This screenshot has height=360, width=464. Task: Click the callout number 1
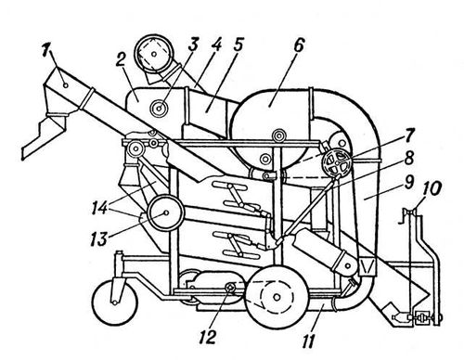coord(46,51)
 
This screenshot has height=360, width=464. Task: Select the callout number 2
coord(120,59)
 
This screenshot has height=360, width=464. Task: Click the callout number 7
coord(408,135)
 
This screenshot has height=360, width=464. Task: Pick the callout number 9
coord(408,182)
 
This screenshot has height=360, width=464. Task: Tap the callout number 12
coord(207,337)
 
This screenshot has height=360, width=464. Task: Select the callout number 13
coord(99,238)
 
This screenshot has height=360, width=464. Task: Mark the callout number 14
coord(99,208)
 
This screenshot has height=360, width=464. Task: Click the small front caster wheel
coord(115,302)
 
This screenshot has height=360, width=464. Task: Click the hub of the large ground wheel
coord(277,297)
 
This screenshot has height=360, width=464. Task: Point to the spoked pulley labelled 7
coord(337,161)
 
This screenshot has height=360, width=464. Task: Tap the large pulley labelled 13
coord(166,212)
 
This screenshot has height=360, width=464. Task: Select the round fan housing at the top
coord(153,55)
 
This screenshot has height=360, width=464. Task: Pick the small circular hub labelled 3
coord(160,109)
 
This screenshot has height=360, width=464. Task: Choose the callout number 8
coord(409,159)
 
